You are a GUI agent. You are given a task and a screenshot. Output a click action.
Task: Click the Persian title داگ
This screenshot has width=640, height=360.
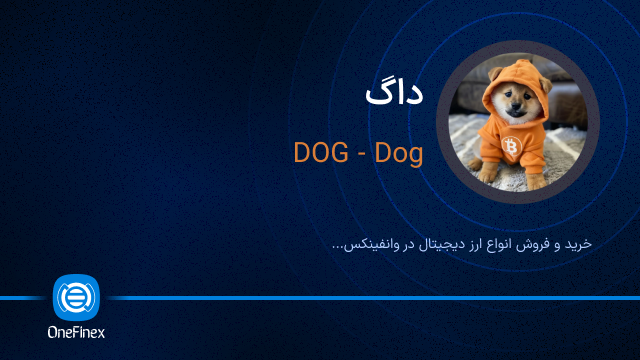click(393, 95)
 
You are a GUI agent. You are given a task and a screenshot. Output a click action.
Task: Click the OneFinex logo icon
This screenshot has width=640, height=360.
click(75, 297)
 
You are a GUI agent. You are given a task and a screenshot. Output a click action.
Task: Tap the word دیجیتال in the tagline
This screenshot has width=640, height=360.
click(434, 243)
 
